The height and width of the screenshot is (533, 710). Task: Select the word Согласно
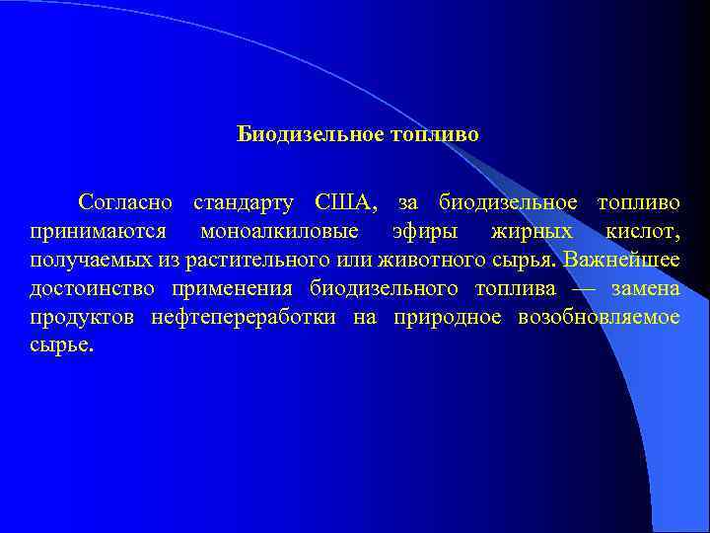(x=126, y=203)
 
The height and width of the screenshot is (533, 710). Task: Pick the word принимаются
(x=90, y=232)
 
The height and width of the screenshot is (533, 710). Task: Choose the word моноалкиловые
(x=279, y=232)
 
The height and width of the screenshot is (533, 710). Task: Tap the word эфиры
(x=413, y=232)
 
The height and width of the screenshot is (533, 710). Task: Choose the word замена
(x=645, y=289)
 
